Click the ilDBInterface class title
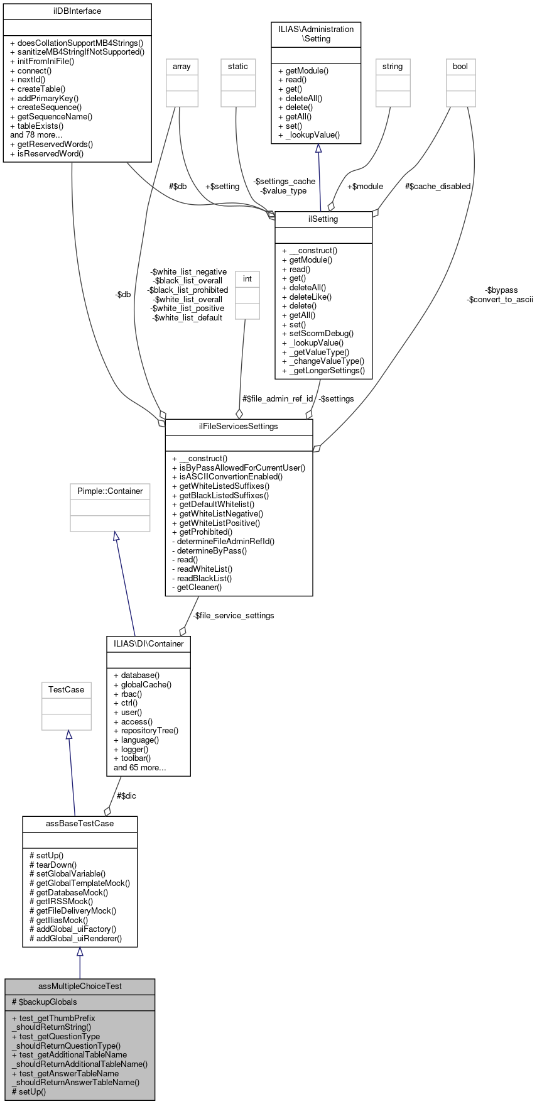77,11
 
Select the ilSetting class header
323,219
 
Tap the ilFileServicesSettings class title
239,427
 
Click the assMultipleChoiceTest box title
80,986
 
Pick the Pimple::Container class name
110,491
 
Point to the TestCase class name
67,690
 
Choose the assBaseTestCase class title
80,824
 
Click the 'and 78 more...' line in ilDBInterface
36,135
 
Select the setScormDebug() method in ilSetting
318,334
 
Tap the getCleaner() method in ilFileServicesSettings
197,588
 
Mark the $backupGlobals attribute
45,1002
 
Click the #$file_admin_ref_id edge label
278,399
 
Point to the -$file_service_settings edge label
233,616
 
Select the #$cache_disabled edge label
438,187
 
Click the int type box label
247,279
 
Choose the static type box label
238,67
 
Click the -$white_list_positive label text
187,309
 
